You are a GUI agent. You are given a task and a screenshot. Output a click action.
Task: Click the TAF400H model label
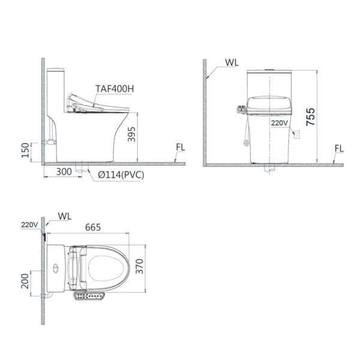coord(116,88)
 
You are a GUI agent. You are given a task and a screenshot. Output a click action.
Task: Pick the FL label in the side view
coord(181,148)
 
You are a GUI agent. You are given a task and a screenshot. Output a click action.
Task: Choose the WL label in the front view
coord(232,62)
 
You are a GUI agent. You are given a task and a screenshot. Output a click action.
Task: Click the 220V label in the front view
coord(279,122)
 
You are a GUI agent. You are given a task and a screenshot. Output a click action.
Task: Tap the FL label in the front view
coord(339,148)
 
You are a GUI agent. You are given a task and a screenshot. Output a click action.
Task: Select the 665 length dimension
coord(93,227)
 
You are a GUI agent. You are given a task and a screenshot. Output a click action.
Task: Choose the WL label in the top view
coord(64,215)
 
